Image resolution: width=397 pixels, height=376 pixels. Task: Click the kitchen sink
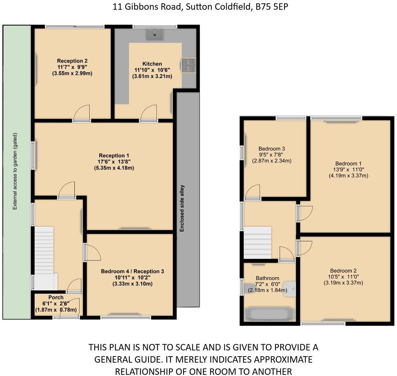(x=155, y=35)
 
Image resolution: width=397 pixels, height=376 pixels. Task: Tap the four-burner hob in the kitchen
(x=188, y=65)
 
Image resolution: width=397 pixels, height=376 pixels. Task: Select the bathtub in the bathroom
(x=269, y=315)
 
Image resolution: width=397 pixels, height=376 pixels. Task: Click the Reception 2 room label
(x=72, y=61)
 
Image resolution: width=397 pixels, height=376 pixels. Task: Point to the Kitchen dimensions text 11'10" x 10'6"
(x=152, y=70)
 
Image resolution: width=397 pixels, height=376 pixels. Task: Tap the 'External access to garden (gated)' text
(x=15, y=172)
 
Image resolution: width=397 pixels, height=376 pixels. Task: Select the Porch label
(x=56, y=297)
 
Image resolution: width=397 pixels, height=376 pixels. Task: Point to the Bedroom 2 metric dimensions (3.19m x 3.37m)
(x=343, y=283)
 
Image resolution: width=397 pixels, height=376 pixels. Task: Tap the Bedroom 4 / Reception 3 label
(x=132, y=271)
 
